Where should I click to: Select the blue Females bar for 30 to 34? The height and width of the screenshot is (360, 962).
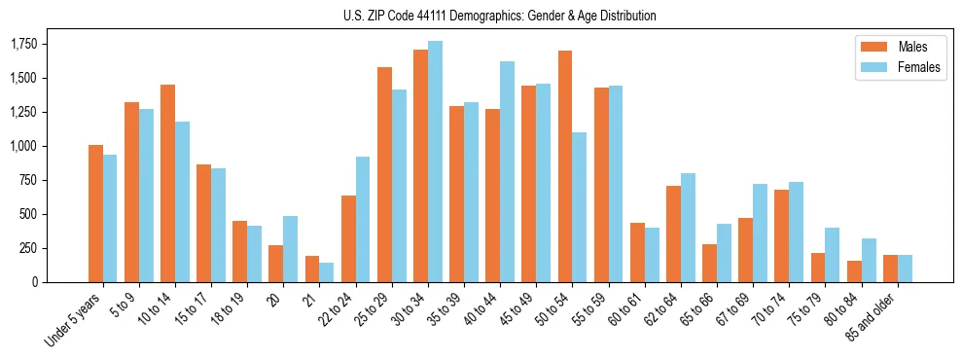pyautogui.click(x=435, y=162)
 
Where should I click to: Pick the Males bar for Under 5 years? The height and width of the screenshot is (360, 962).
pyautogui.click(x=95, y=213)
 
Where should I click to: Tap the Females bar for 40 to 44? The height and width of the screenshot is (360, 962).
pyautogui.click(x=507, y=171)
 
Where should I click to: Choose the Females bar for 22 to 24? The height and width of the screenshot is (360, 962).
pyautogui.click(x=363, y=219)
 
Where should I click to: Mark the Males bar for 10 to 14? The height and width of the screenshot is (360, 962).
pyautogui.click(x=167, y=183)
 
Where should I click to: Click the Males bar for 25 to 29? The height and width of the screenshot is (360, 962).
pyautogui.click(x=384, y=174)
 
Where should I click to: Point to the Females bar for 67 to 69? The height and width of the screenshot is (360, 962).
pyautogui.click(x=760, y=233)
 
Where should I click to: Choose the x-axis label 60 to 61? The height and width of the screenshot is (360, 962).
pyautogui.click(x=621, y=309)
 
